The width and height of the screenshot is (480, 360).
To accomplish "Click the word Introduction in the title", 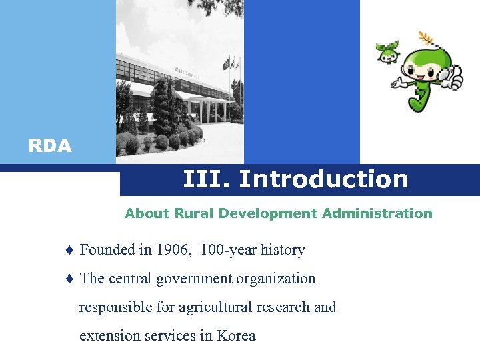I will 323,179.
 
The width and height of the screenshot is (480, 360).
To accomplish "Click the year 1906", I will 172,250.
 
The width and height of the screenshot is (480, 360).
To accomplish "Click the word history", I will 283,250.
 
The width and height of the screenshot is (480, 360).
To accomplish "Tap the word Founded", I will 107,250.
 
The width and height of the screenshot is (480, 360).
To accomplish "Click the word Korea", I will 236,336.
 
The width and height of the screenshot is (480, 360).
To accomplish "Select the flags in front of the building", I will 231,63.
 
